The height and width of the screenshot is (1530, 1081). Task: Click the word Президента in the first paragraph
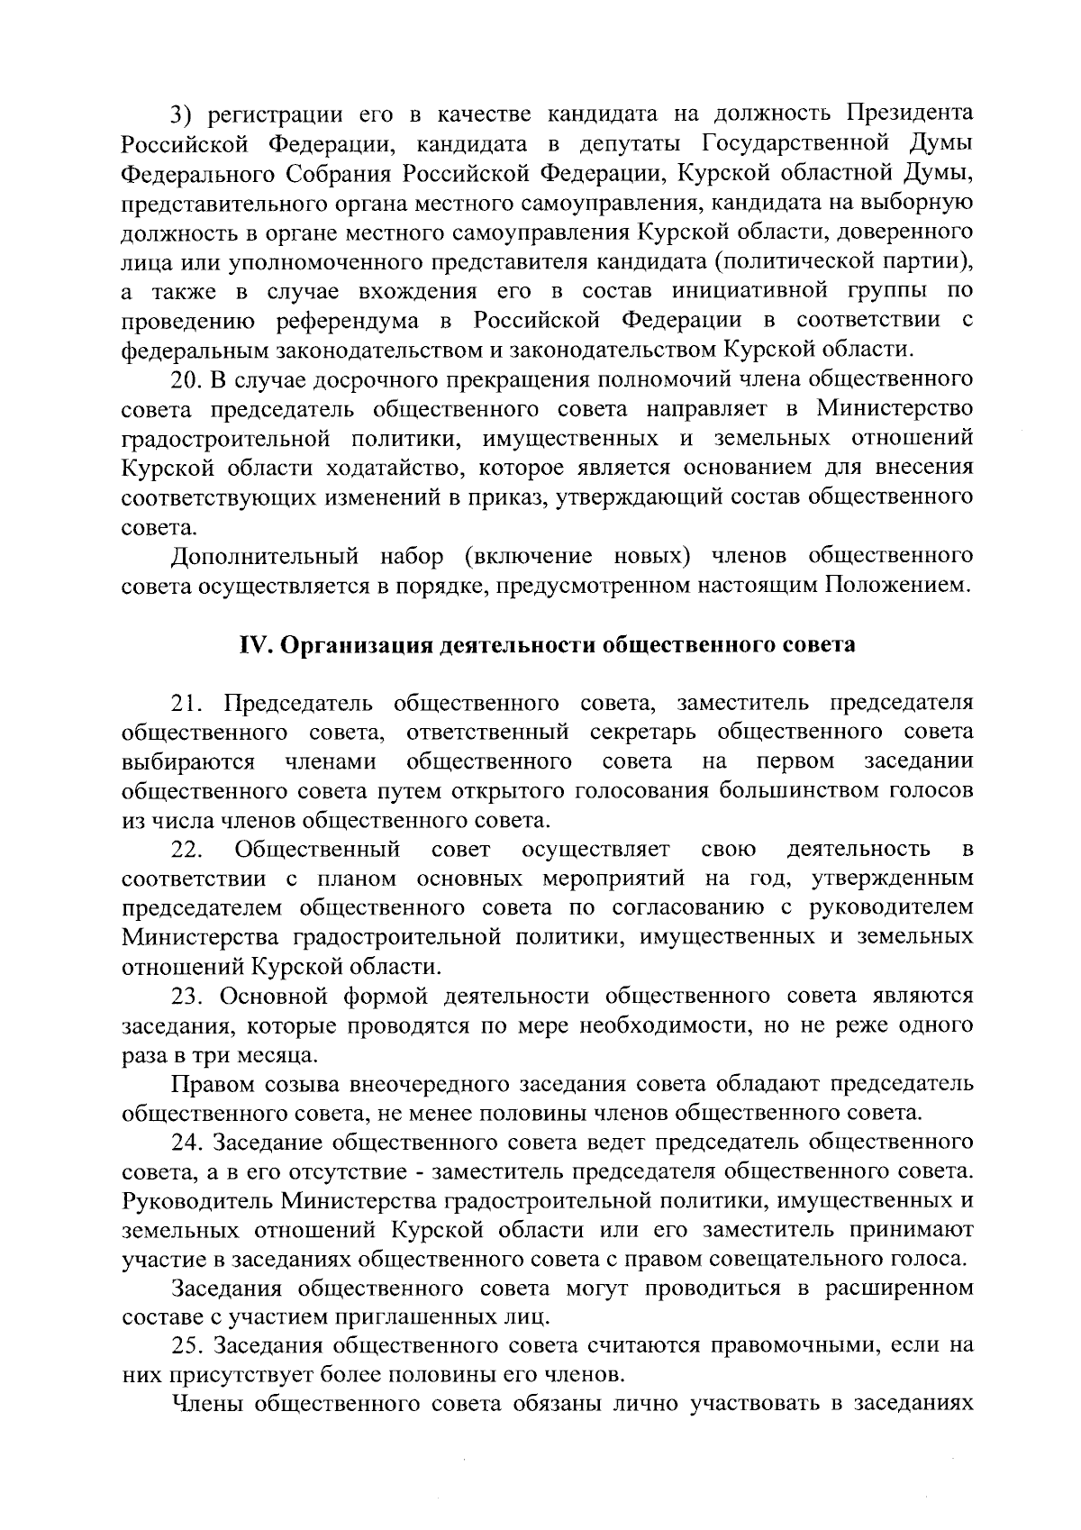[910, 114]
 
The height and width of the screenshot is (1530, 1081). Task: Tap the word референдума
[352, 321]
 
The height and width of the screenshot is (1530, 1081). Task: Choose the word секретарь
[645, 732]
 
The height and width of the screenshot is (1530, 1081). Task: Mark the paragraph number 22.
[186, 850]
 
